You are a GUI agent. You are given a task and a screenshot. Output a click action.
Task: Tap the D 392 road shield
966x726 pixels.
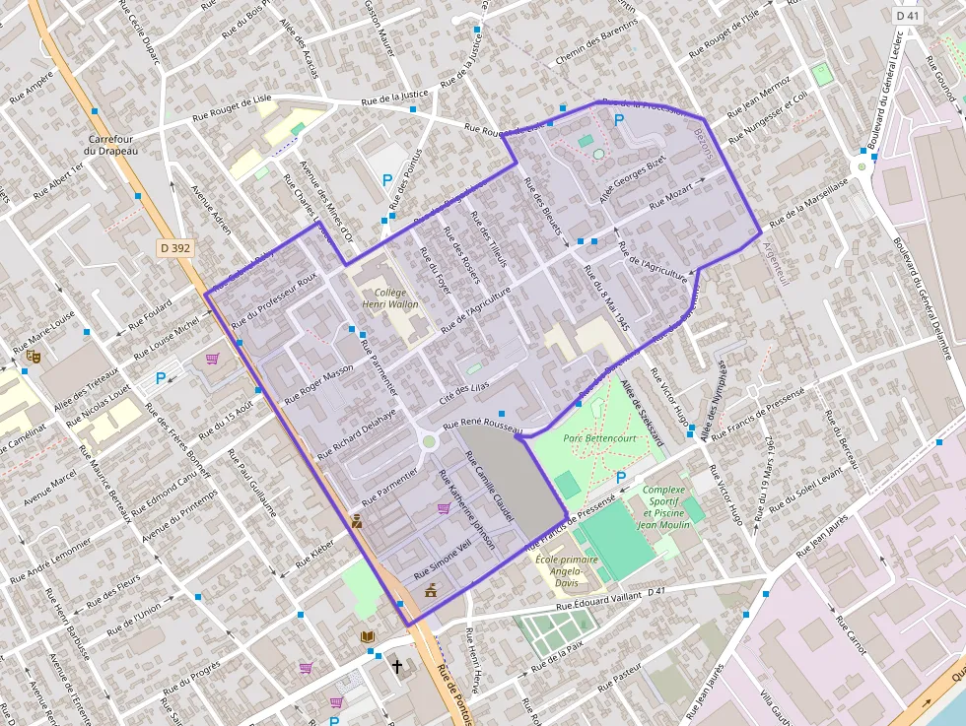click(174, 248)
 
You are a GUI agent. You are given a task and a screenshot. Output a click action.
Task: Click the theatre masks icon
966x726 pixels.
click(34, 357)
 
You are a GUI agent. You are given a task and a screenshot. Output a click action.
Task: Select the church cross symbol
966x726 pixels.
click(397, 667)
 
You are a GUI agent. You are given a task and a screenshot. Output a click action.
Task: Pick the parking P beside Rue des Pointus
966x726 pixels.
click(387, 181)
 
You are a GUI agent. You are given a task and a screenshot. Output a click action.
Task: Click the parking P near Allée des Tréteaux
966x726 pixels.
click(161, 377)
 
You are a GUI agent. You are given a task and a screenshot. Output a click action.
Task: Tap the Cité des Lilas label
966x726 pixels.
click(463, 392)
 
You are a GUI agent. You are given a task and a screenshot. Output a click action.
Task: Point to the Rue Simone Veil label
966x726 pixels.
click(443, 561)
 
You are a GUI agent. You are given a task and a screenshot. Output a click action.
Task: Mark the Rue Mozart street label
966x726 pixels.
click(671, 197)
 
